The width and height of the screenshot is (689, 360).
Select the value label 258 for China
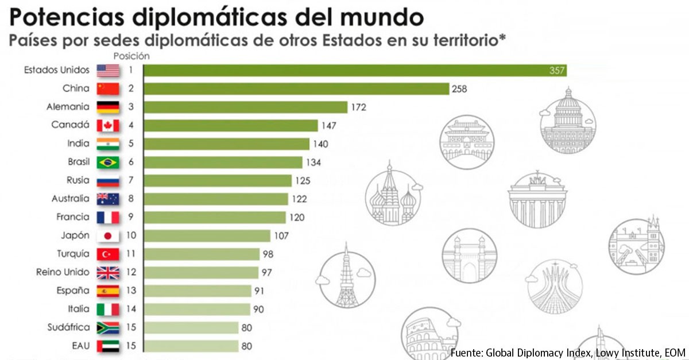pyautogui.click(x=459, y=89)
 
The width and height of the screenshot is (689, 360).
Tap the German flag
pyautogui.click(x=108, y=107)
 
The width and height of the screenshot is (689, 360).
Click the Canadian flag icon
pyautogui.click(x=108, y=125)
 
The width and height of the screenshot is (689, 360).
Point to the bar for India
pyautogui.click(x=226, y=144)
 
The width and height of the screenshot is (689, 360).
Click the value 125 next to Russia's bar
pyautogui.click(x=303, y=181)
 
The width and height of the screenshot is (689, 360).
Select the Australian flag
pyautogui.click(x=108, y=199)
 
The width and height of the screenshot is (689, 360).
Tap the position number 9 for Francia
pyautogui.click(x=131, y=217)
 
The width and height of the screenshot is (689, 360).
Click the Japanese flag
pyautogui.click(x=108, y=235)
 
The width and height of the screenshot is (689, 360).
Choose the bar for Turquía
pyautogui.click(x=202, y=254)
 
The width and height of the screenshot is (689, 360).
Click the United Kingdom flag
pyautogui.click(x=108, y=272)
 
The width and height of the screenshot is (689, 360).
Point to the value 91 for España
pyautogui.click(x=259, y=291)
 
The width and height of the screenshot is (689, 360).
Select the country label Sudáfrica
pyautogui.click(x=69, y=327)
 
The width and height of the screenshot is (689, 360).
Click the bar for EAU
pyautogui.click(x=191, y=346)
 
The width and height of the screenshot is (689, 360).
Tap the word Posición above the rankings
pyautogui.click(x=131, y=56)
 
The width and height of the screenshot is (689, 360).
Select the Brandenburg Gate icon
pyautogui.click(x=537, y=199)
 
